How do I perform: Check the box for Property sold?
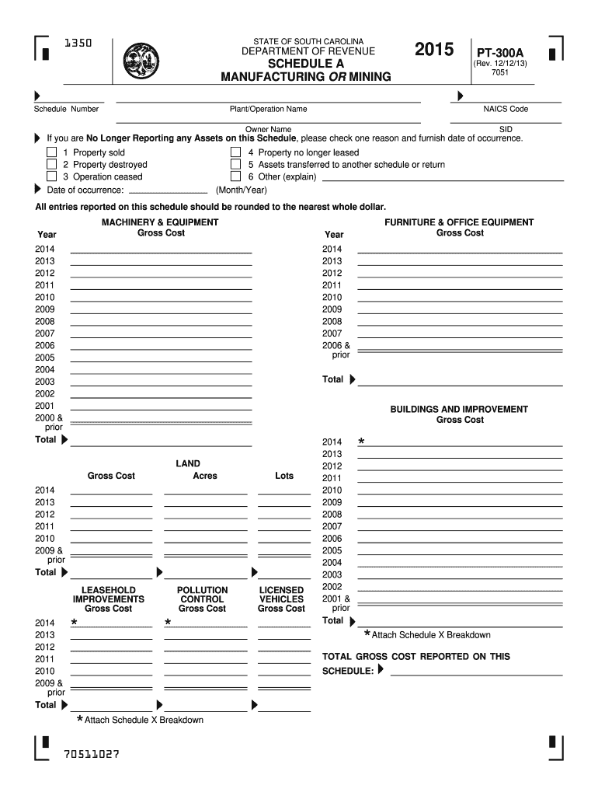click(52, 153)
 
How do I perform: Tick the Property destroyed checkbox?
click(52, 165)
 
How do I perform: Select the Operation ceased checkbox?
click(52, 176)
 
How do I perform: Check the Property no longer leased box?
click(236, 153)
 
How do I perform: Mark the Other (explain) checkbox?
click(236, 176)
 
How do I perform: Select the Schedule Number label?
click(66, 110)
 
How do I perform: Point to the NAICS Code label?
click(506, 110)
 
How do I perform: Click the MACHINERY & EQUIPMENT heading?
click(160, 222)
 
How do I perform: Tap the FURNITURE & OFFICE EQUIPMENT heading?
click(459, 222)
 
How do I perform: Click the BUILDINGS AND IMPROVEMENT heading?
click(459, 409)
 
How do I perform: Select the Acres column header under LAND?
click(205, 476)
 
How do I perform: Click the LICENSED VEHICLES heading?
click(281, 595)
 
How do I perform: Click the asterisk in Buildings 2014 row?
click(361, 442)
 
